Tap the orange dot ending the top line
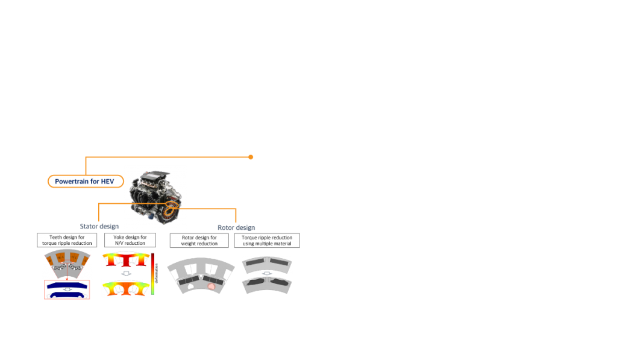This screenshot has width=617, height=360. point(251,157)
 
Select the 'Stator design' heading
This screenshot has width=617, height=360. point(99,226)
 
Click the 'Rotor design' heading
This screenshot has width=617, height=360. point(236,227)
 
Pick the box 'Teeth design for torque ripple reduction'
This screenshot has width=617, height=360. point(67,240)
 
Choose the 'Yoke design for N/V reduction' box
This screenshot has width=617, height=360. point(130,240)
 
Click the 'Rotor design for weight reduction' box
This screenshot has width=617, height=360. point(199,241)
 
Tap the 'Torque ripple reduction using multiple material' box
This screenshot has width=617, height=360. point(267,241)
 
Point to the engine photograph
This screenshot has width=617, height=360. point(155,197)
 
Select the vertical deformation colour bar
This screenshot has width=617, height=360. point(152,274)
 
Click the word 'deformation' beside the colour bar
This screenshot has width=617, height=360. point(157,273)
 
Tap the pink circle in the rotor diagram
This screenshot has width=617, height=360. point(211,286)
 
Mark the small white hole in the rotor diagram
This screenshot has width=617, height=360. point(190,286)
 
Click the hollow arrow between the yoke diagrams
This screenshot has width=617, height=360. point(126,273)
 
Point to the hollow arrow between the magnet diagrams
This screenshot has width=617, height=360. point(267,273)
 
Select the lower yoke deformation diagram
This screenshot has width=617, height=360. point(126,288)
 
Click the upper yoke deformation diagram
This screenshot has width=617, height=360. point(126,259)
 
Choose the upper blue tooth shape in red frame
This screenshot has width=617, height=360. point(67,285)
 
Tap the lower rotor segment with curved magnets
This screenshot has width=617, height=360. point(267,285)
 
